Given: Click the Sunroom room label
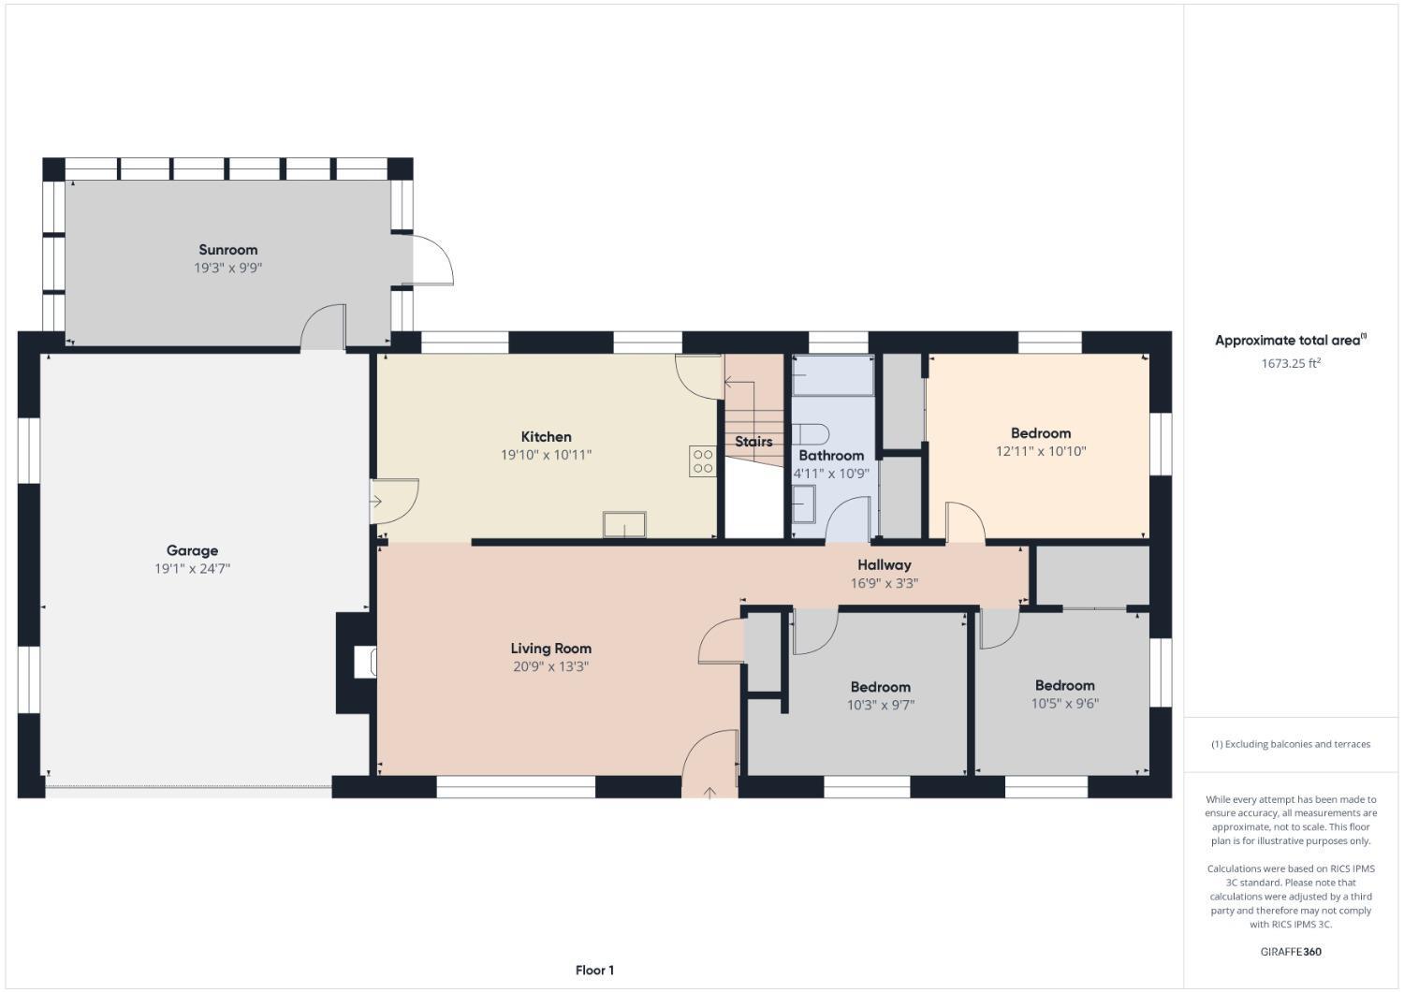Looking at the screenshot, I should [x=227, y=250].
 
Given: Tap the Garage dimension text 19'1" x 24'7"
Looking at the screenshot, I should [x=193, y=568].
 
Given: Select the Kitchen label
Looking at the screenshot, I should [x=546, y=437].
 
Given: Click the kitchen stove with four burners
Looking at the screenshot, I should [x=703, y=461].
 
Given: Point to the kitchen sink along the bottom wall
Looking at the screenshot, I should [x=624, y=525].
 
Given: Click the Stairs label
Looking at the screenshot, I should [x=753, y=442].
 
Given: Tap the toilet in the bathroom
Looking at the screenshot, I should [x=811, y=433].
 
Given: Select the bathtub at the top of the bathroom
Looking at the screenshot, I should [x=833, y=376].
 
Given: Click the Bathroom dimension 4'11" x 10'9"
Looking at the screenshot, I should [x=831, y=474].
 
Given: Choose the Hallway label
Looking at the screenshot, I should [x=884, y=564].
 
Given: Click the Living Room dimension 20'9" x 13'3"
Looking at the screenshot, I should [x=550, y=666].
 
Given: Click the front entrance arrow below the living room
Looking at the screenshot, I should [x=709, y=793].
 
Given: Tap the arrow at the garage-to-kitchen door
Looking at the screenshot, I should [x=376, y=502].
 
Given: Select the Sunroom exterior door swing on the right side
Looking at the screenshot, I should [x=431, y=259].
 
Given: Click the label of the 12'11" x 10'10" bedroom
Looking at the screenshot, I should [x=1040, y=433].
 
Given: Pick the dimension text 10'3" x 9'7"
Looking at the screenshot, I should [x=880, y=705].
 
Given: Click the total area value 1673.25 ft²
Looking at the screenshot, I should [x=1290, y=363].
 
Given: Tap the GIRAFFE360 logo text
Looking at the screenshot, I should [x=1291, y=952].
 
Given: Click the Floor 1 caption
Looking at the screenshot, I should [x=594, y=971].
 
